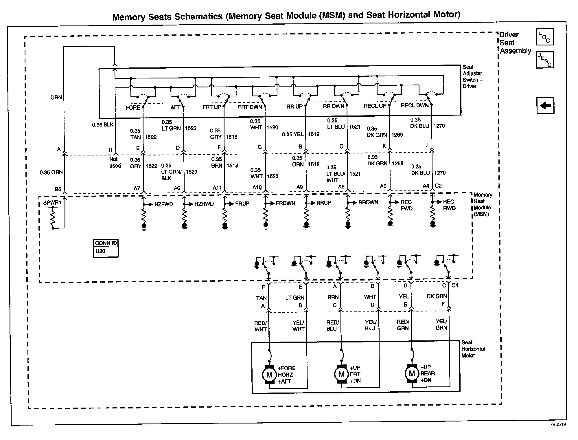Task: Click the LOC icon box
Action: coord(544,37)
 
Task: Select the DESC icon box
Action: coord(545,60)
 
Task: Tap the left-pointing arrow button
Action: coord(545,105)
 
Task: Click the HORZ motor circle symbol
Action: coord(269,375)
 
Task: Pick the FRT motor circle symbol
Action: coord(341,374)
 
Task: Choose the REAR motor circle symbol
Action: coord(412,373)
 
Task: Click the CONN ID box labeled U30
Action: coord(106,248)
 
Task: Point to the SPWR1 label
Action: coord(52,203)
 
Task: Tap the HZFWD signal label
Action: coord(163,204)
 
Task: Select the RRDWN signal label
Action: coord(368,202)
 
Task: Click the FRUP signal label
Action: coord(242,203)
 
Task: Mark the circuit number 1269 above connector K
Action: coord(397,135)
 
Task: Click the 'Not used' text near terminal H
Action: coord(115,162)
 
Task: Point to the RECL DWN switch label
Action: coord(415,105)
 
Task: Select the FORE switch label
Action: coord(133,107)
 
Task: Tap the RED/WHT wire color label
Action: coord(260,326)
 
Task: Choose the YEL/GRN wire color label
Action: coord(441,324)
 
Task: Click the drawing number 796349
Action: coord(558,424)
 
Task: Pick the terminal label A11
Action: coord(217,188)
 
